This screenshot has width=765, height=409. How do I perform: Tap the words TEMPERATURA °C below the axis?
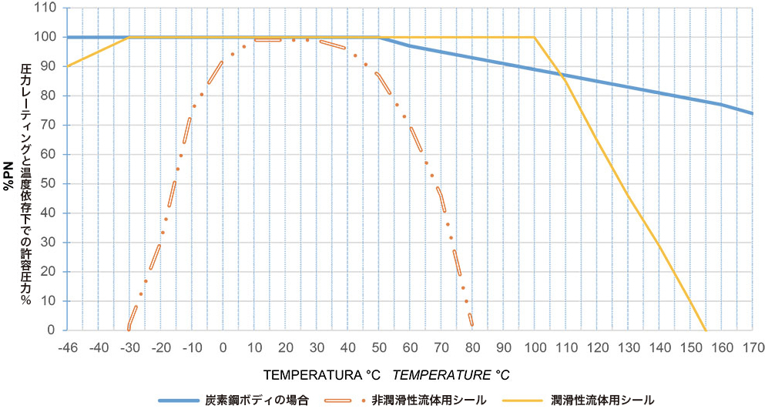[323, 374]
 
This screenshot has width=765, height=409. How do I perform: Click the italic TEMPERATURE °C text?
[451, 374]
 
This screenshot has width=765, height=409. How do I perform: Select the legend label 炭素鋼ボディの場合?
[257, 400]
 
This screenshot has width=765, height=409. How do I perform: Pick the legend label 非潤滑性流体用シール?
[428, 400]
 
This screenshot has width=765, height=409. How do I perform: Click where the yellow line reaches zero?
[705, 330]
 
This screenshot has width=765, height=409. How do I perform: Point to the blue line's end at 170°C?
[752, 113]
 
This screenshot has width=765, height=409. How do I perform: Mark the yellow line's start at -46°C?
[69, 66]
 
